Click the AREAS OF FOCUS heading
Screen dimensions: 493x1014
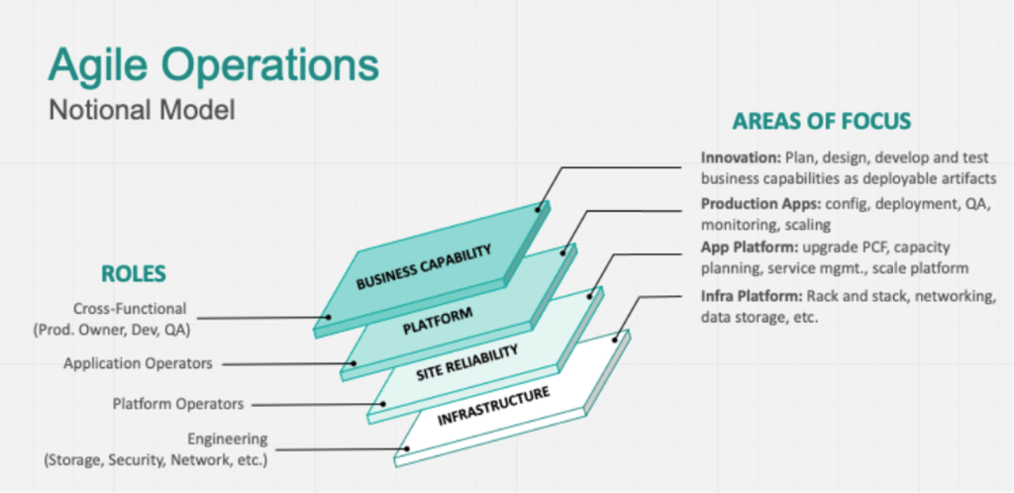tap(822, 122)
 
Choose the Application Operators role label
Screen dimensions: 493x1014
tap(138, 363)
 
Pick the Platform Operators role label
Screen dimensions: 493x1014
tap(150, 403)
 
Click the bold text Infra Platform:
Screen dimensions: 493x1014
tap(751, 296)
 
